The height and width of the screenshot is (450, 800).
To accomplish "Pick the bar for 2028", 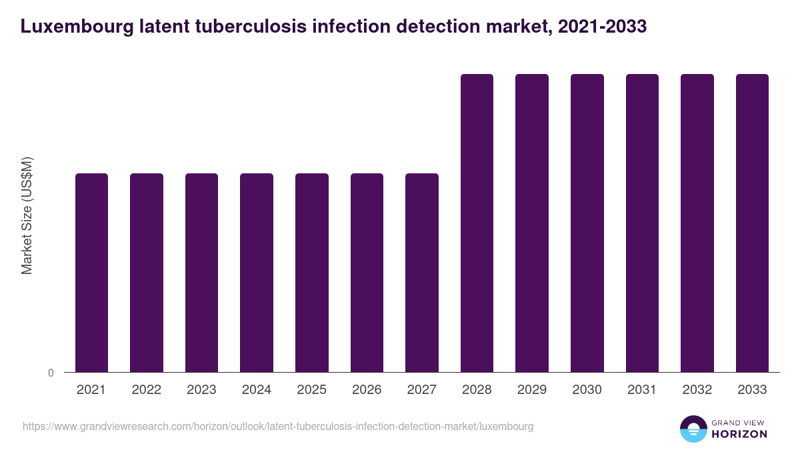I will click(477, 223).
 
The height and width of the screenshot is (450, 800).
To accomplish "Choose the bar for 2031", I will click(642, 223).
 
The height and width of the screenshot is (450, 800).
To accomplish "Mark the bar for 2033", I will click(752, 223).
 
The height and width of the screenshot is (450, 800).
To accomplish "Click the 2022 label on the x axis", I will click(146, 390).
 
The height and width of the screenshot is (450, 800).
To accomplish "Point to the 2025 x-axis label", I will click(311, 390).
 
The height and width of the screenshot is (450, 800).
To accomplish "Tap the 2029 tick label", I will click(532, 390).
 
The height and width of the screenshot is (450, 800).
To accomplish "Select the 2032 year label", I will click(697, 390).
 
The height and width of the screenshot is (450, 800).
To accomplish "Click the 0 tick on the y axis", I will click(51, 373).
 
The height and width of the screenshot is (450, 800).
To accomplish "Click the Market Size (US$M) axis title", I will click(27, 216).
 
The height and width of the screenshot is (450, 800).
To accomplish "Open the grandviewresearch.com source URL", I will click(278, 426).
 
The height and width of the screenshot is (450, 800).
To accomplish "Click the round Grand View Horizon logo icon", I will click(693, 429).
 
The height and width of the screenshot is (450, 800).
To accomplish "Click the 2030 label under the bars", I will click(587, 390).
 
